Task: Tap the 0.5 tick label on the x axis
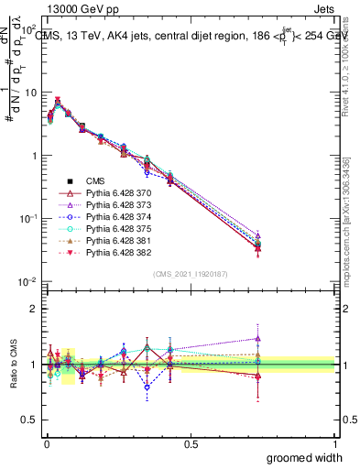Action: [x=191, y=444]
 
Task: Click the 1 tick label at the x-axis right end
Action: [x=335, y=444]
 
